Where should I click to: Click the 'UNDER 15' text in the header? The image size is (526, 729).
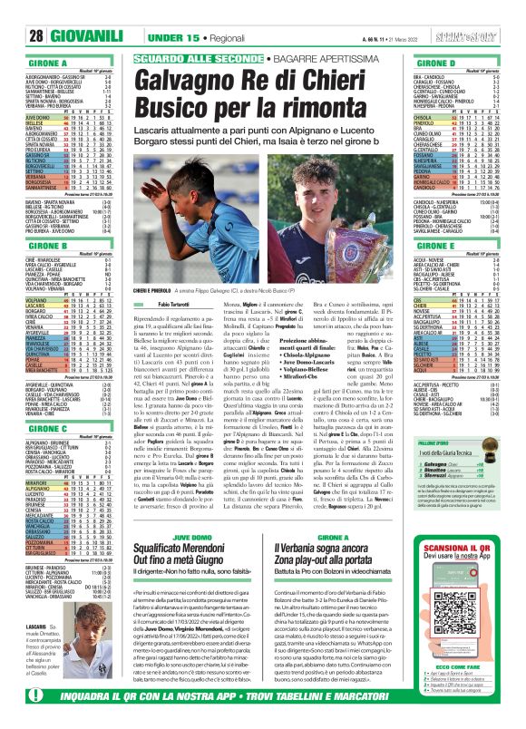tap(173, 11)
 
